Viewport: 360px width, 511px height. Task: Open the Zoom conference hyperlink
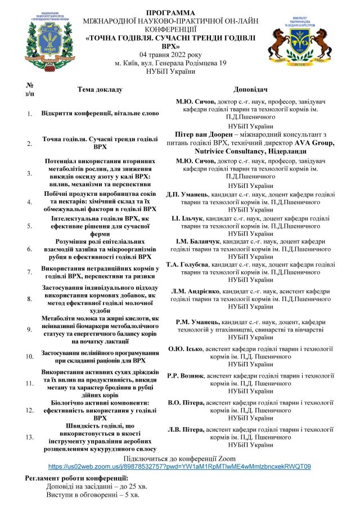179,467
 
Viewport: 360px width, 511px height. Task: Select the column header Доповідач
249,89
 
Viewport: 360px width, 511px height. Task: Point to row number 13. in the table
30,437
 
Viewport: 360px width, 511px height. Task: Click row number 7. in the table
30,272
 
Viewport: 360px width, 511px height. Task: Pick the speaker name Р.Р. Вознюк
186,375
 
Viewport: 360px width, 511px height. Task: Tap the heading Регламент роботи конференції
74,478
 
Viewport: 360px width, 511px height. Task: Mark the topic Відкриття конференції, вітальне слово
100,113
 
